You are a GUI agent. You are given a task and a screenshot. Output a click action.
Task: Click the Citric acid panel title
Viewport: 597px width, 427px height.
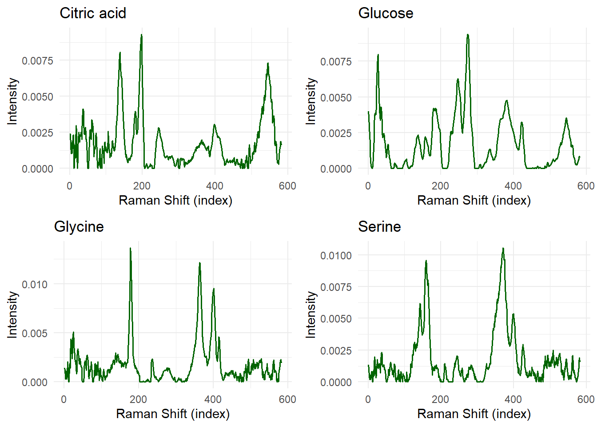click(93, 13)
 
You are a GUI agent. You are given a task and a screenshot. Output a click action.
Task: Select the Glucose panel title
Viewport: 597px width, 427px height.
click(386, 13)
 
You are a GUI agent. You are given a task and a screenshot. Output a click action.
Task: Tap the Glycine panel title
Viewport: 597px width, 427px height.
click(79, 227)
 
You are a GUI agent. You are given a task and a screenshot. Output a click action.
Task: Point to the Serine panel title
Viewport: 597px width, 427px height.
click(379, 227)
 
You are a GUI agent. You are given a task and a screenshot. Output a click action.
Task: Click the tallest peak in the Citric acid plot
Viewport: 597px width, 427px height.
click(142, 35)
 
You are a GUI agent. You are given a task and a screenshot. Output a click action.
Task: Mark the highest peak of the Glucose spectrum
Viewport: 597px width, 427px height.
click(468, 35)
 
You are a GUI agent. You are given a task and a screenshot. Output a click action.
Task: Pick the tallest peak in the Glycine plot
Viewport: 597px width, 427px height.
click(130, 249)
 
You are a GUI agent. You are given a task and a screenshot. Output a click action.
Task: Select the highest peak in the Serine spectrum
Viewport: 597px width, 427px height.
click(503, 249)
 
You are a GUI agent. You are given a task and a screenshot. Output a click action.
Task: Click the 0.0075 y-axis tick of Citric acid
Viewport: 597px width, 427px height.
click(37, 60)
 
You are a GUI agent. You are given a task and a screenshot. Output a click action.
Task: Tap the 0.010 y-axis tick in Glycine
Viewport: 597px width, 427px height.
click(35, 285)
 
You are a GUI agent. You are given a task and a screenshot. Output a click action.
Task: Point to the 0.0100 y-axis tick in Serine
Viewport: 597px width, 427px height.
click(336, 256)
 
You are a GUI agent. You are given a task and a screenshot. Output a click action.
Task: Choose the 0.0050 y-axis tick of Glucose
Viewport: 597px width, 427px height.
click(336, 97)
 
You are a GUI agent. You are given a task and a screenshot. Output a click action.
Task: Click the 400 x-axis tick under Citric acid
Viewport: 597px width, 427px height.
click(215, 186)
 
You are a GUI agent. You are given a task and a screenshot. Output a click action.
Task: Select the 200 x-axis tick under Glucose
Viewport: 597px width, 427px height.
click(440, 186)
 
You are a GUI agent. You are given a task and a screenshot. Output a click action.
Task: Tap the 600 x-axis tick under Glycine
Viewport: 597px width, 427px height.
click(287, 399)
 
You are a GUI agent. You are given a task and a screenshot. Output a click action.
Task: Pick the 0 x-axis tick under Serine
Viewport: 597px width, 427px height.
click(368, 399)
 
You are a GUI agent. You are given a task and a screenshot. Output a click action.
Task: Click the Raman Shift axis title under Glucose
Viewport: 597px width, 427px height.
click(474, 201)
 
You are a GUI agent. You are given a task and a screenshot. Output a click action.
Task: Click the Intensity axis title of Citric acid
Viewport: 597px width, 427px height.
click(12, 101)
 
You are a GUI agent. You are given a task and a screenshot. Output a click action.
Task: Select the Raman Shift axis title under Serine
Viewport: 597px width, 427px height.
click(474, 414)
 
